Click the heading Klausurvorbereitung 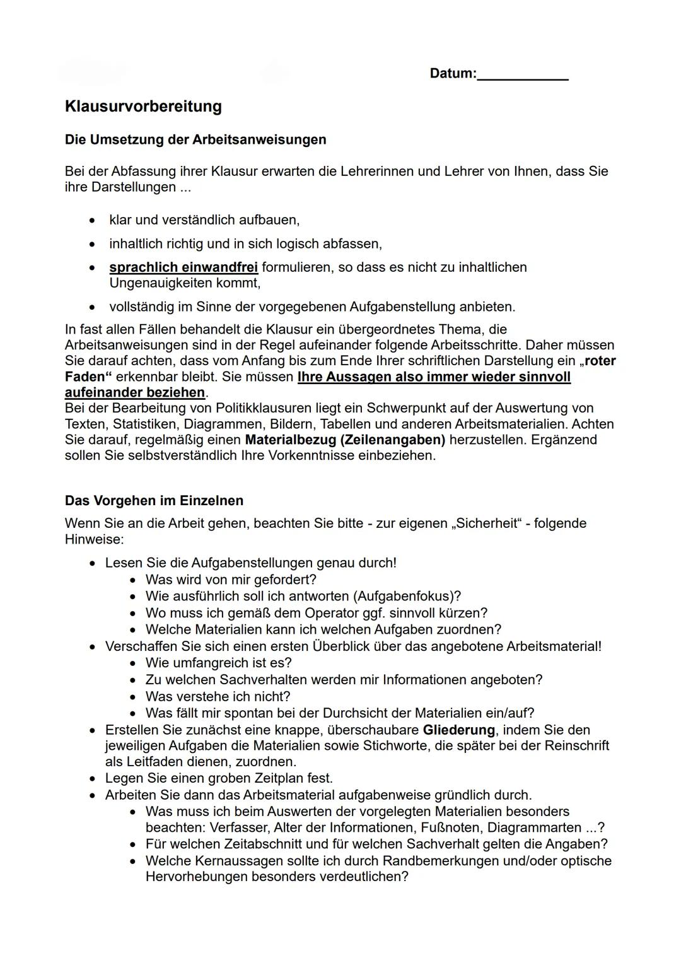[x=143, y=106]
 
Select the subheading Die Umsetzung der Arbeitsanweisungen [x=195, y=139]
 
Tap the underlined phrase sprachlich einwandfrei [x=183, y=267]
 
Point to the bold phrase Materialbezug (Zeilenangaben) [x=345, y=440]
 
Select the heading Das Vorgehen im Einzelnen [x=154, y=501]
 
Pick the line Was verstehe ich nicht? [x=218, y=696]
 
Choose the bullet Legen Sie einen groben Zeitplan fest [x=219, y=778]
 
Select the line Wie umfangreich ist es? [x=218, y=663]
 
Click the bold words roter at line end [x=600, y=361]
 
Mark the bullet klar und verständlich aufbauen [x=204, y=220]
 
